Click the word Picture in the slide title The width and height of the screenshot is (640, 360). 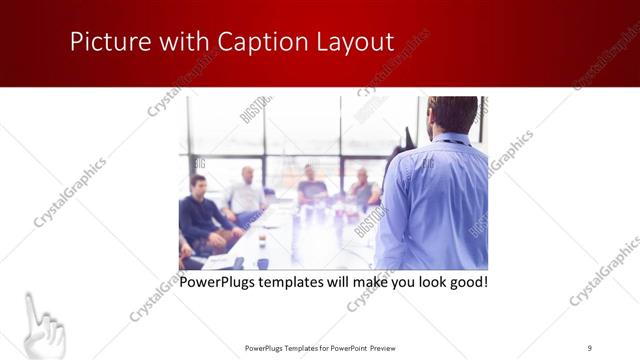(103, 42)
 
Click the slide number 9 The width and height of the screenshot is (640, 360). (590, 348)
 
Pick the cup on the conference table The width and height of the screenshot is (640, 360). (262, 240)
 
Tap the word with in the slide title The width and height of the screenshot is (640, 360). (175, 42)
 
